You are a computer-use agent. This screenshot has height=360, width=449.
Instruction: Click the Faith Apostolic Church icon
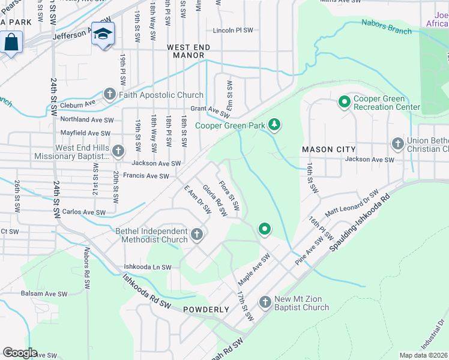pyautogui.click(x=109, y=94)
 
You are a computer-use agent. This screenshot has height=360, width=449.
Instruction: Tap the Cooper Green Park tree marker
pyautogui.click(x=274, y=125)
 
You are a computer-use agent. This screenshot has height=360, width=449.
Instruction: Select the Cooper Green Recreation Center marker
pyautogui.click(x=344, y=103)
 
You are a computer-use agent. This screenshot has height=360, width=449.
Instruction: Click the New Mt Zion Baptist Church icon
pyautogui.click(x=265, y=302)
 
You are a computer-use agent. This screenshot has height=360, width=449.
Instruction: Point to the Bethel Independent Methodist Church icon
pyautogui.click(x=197, y=235)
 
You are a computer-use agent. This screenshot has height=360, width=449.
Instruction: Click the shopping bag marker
pyautogui.click(x=11, y=43)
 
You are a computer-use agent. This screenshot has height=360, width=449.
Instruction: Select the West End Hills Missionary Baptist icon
pyautogui.click(x=118, y=151)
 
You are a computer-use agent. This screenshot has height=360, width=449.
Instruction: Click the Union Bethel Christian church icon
pyautogui.click(x=397, y=144)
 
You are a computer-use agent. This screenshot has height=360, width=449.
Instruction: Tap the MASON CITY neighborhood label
pyautogui.click(x=328, y=149)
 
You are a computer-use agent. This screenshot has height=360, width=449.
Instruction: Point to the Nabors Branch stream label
pyautogui.click(x=387, y=28)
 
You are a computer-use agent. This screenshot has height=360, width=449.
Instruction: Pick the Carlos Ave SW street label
pyautogui.click(x=84, y=212)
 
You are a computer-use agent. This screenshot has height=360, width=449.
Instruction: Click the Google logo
pyautogui.click(x=20, y=353)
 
